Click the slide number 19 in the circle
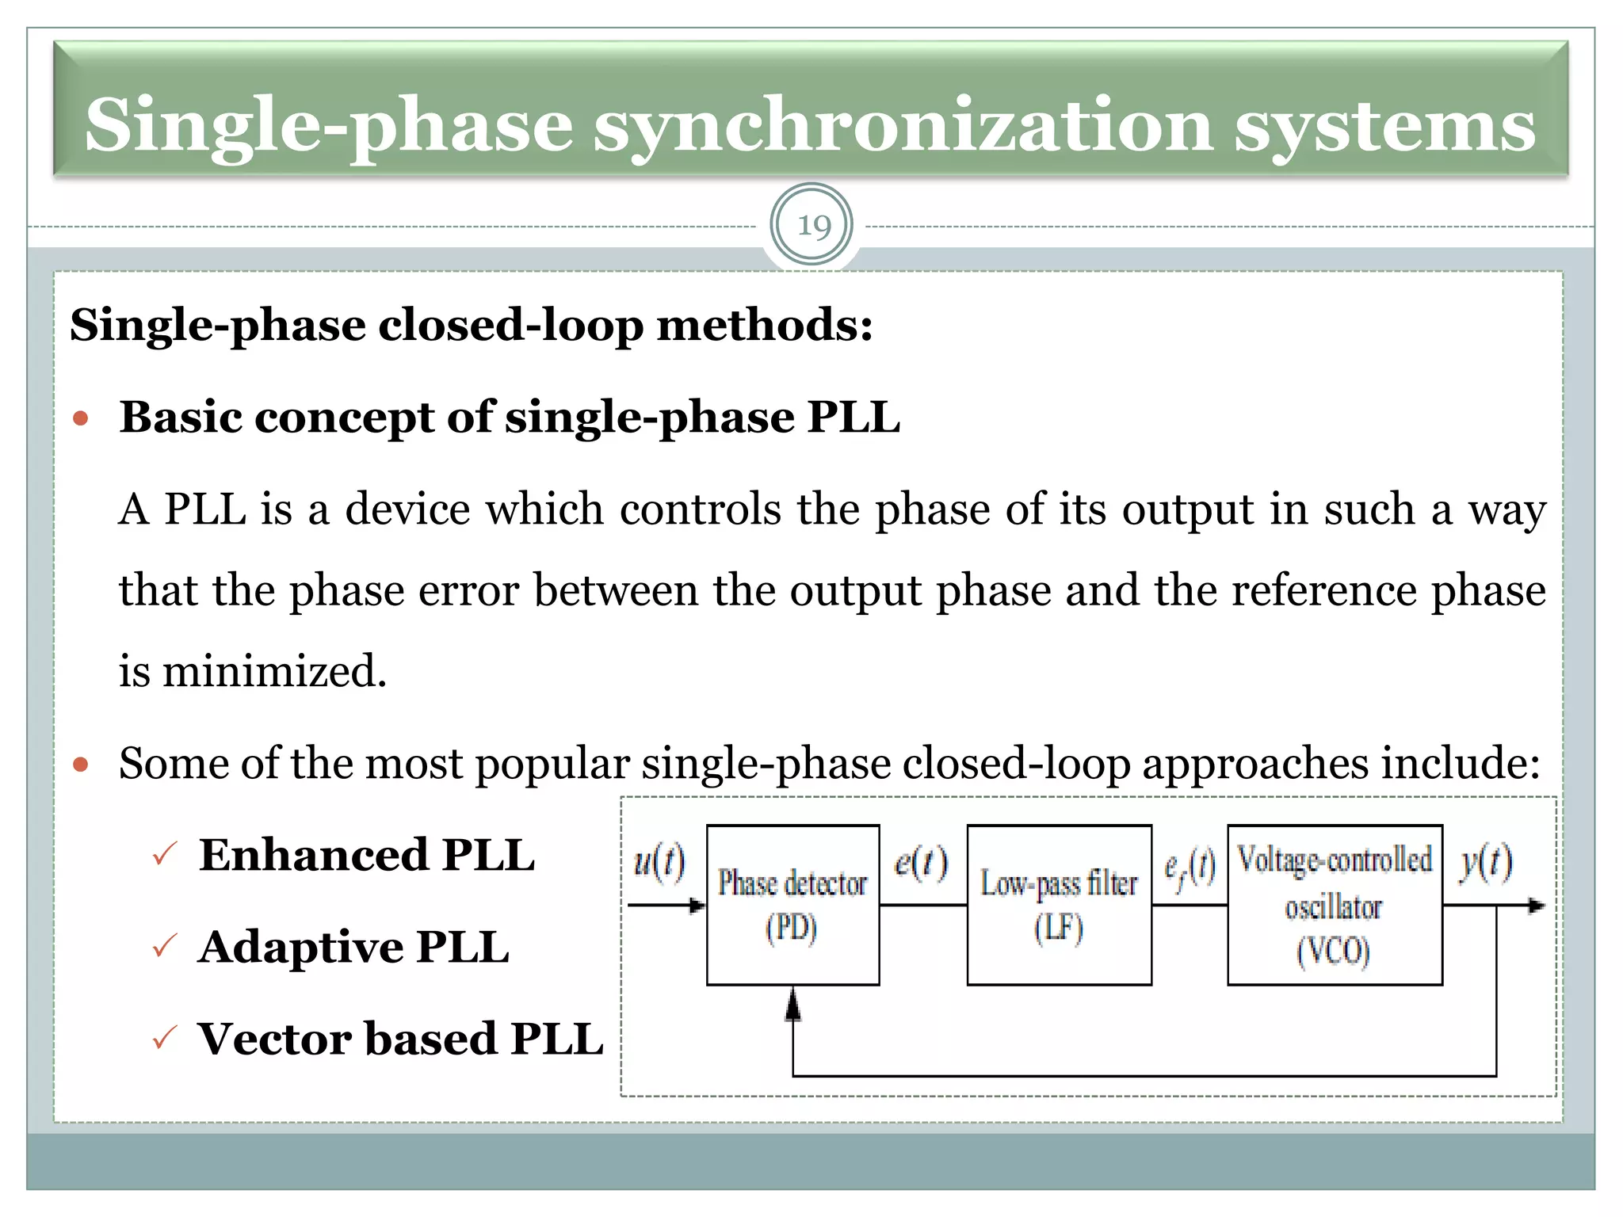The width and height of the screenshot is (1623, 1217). pos(813,226)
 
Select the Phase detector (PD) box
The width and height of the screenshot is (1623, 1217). pos(792,905)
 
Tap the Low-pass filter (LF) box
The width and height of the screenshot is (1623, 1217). pos(1059,905)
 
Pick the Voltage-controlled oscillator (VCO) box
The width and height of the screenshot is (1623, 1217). pos(1335,905)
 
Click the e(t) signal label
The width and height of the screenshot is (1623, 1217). pos(920,862)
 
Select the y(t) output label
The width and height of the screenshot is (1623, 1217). pos(1486,861)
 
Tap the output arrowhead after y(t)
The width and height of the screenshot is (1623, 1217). pos(1536,905)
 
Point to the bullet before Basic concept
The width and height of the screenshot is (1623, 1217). pos(80,418)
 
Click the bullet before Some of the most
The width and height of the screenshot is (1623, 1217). pos(80,765)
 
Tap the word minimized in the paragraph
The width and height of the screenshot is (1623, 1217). pos(273,671)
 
